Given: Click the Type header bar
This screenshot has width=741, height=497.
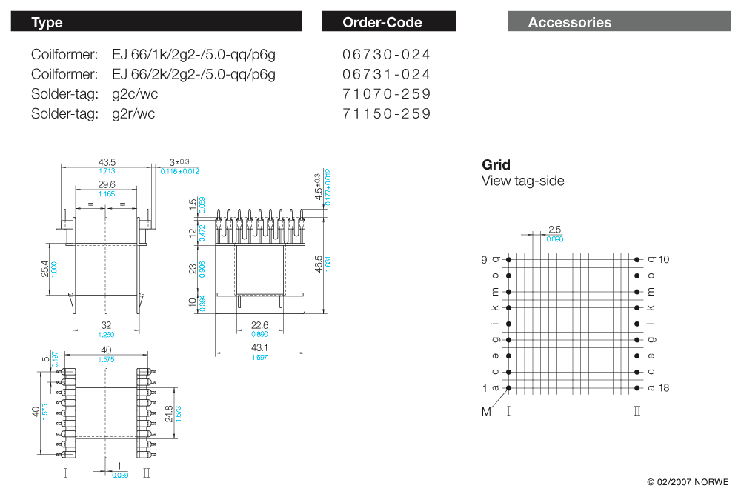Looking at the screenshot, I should point(156,22).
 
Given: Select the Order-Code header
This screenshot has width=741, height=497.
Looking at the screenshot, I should point(388,22).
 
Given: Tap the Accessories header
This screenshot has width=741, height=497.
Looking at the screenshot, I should point(619,22).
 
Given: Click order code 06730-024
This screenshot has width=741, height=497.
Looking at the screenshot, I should point(387,55).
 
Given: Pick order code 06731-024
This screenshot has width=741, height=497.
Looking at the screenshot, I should point(387,74).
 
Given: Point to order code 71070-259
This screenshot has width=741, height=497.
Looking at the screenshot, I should point(387,94).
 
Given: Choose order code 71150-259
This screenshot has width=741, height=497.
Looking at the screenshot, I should point(387,113).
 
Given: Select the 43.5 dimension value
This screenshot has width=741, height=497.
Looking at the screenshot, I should point(107,162).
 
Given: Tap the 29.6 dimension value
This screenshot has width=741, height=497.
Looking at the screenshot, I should point(107,184).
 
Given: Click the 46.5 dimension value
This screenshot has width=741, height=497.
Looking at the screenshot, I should point(318,263).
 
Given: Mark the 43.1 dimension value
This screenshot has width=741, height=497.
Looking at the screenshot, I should point(259,347).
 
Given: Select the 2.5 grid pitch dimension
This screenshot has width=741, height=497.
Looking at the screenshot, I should point(554,230).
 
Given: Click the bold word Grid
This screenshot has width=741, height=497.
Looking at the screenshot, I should point(496,164).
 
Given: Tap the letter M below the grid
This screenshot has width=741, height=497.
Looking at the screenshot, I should point(487,412).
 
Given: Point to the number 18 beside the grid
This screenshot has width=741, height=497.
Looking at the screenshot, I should point(664,387).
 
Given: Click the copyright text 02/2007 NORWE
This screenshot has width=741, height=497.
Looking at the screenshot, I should point(688,481).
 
